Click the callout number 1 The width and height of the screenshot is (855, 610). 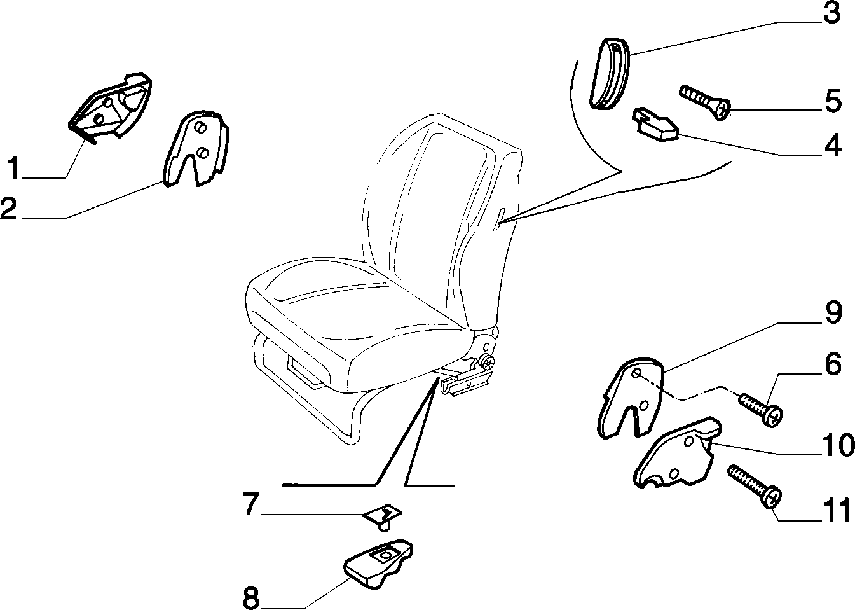click(14, 167)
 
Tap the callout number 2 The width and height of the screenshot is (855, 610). click(8, 208)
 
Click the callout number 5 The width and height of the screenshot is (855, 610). click(833, 101)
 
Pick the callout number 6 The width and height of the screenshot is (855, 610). click(833, 363)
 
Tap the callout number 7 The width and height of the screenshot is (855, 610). click(251, 504)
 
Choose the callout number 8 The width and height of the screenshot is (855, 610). click(251, 599)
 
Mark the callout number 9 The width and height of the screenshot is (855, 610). click(833, 312)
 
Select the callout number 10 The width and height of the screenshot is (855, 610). click(837, 445)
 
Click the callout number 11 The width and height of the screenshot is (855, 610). click(836, 511)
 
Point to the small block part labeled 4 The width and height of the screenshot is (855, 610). click(655, 125)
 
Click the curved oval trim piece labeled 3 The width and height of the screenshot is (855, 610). click(610, 74)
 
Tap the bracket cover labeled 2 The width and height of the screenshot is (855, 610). click(196, 149)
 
